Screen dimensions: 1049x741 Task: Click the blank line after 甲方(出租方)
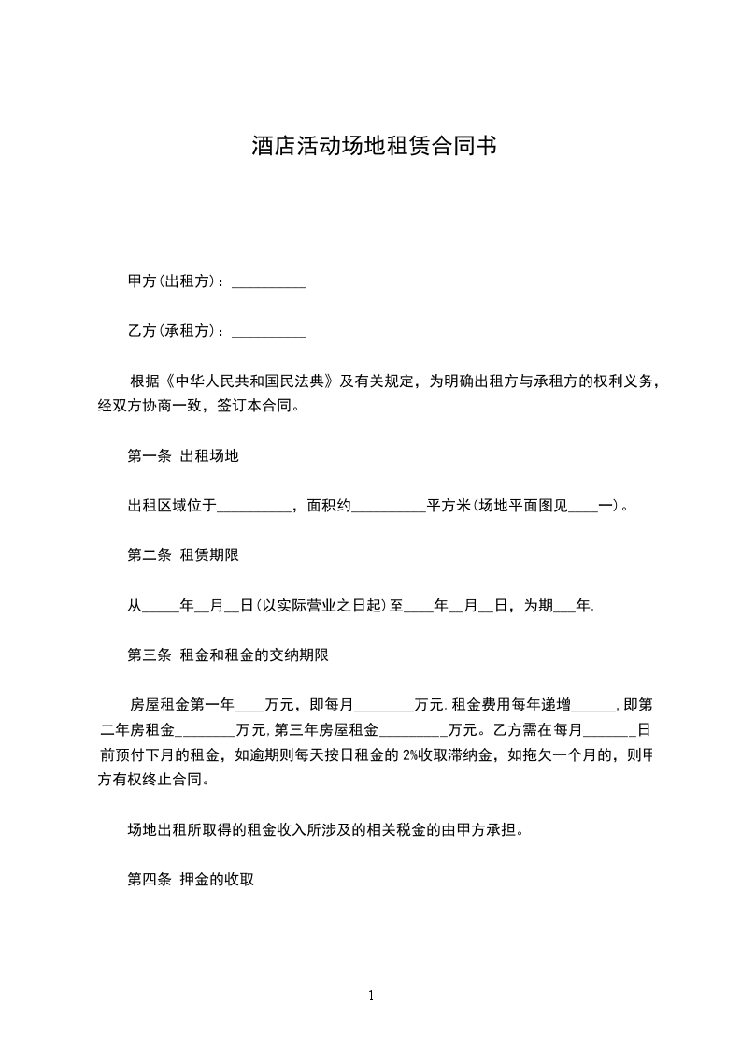click(268, 281)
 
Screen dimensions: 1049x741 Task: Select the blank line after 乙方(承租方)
click(268, 331)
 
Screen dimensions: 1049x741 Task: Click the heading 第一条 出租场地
click(183, 456)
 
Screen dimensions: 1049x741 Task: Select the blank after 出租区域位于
click(254, 506)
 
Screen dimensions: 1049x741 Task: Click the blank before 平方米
click(388, 506)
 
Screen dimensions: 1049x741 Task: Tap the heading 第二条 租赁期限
click(183, 555)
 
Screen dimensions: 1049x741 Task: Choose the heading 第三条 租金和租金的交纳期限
click(227, 655)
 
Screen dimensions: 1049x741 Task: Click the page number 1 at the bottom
click(371, 996)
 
